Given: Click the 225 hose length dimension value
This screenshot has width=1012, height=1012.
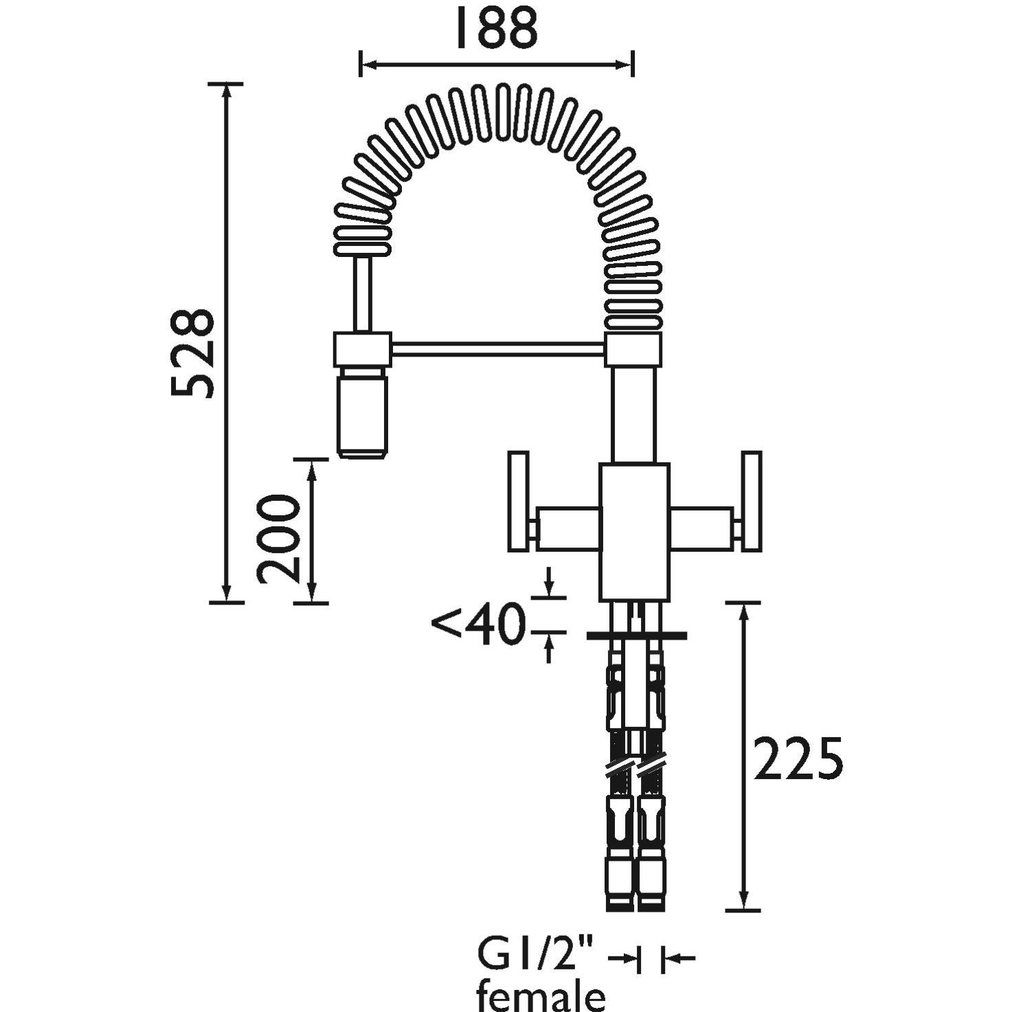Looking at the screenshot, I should pyautogui.click(x=798, y=758).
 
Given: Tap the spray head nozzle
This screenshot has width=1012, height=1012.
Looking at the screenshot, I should pyautogui.click(x=362, y=412).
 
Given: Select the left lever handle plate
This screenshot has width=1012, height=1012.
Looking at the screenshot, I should pyautogui.click(x=517, y=501).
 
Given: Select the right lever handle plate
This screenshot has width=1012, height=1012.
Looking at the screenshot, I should pyautogui.click(x=750, y=501).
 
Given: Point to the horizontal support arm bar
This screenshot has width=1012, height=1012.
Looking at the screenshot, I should pyautogui.click(x=497, y=349).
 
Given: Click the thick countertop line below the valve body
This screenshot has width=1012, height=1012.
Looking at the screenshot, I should pyautogui.click(x=636, y=636).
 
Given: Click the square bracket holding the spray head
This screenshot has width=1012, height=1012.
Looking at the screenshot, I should pyautogui.click(x=362, y=349).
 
